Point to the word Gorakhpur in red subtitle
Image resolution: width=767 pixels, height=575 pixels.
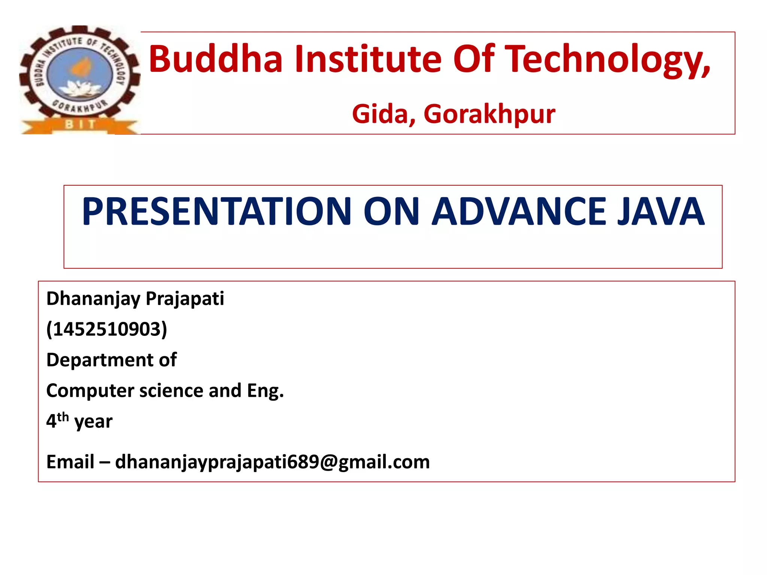pyautogui.click(x=489, y=114)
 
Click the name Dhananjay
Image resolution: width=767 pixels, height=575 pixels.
pyautogui.click(x=93, y=299)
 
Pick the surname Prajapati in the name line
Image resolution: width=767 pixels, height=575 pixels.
pyautogui.click(x=185, y=299)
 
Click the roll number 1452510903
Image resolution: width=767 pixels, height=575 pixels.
pyautogui.click(x=107, y=329)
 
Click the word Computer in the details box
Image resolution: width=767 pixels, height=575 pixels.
pyautogui.click(x=90, y=390)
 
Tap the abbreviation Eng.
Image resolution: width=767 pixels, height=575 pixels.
pyautogui.click(x=265, y=391)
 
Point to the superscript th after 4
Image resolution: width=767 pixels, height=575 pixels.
pyautogui.click(x=63, y=417)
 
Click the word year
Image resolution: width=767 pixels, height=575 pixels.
pyautogui.click(x=93, y=422)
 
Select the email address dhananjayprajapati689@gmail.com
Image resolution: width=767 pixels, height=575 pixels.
pyautogui.click(x=272, y=462)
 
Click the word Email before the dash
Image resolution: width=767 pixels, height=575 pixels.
pyautogui.click(x=70, y=462)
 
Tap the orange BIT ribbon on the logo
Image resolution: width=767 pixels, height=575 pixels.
pyautogui.click(x=80, y=125)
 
